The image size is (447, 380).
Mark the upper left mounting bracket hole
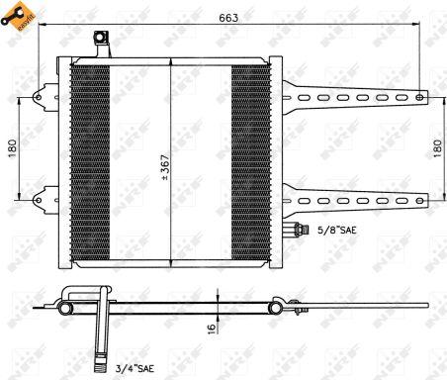[40, 97]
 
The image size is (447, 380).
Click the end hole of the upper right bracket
[420, 97]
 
